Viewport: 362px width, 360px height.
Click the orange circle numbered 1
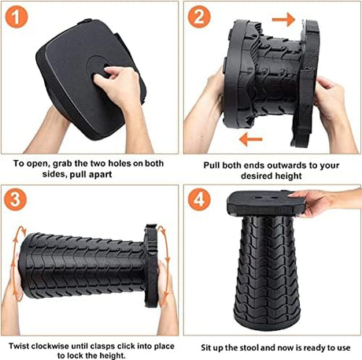tap(17, 17)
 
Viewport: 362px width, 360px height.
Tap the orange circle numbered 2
tap(199, 17)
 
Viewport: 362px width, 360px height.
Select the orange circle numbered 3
tap(15, 199)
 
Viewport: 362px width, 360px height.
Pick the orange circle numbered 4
tap(199, 199)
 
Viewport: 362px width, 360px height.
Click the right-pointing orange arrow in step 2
tap(283, 20)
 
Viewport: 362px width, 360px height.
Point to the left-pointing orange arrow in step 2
tap(251, 139)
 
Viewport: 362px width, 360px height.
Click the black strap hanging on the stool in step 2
tap(305, 105)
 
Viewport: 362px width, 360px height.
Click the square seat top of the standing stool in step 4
tap(266, 202)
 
